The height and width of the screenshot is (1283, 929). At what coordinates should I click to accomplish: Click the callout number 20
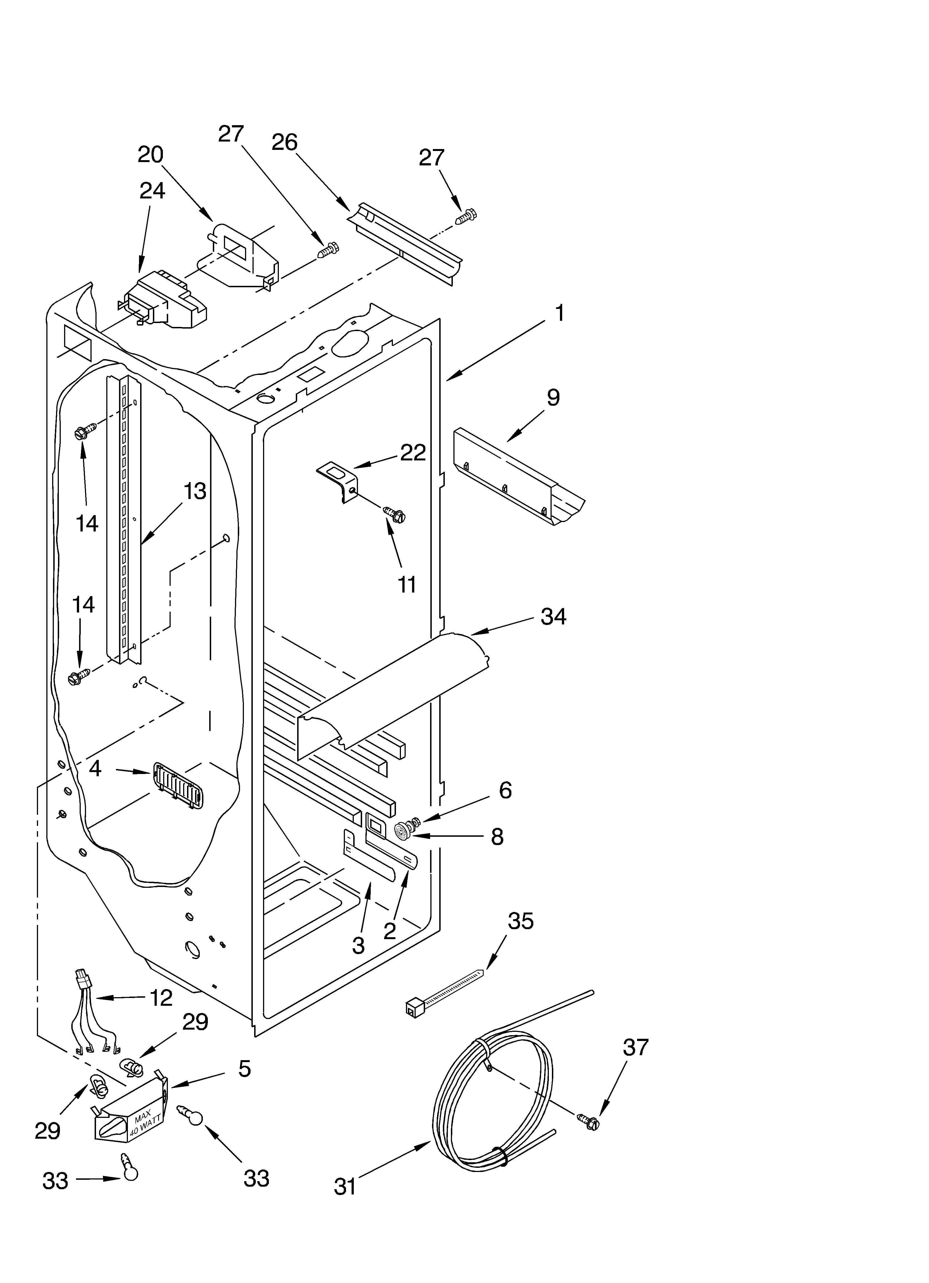click(x=150, y=154)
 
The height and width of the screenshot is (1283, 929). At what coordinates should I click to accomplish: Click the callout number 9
click(x=553, y=398)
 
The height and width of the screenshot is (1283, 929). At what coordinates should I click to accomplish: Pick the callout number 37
click(x=635, y=1048)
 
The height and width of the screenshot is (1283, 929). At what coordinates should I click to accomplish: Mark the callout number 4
click(x=95, y=768)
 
